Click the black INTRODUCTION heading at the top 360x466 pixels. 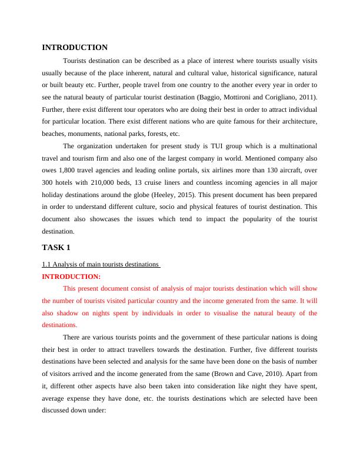(x=75, y=48)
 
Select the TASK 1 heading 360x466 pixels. (x=56, y=247)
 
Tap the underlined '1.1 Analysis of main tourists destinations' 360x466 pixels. (x=101, y=264)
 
